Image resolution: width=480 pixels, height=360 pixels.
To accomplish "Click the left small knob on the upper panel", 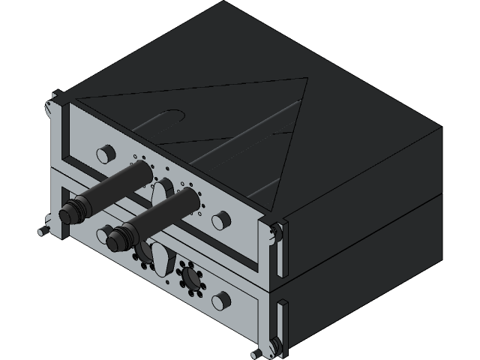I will click(x=103, y=154).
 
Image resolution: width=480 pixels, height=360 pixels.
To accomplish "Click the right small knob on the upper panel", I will click(x=220, y=220).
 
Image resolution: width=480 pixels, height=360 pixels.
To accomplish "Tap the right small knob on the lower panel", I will click(x=220, y=301).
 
